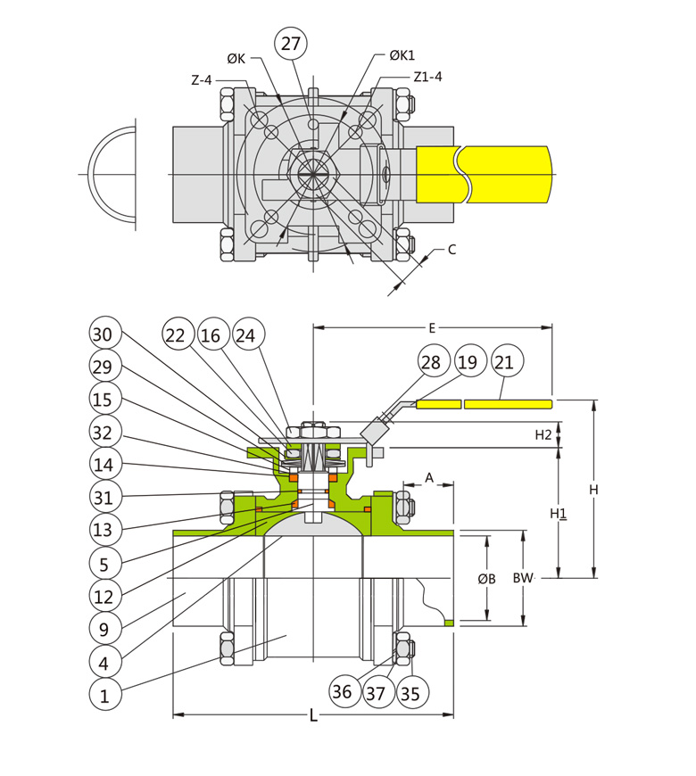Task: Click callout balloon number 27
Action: (x=290, y=44)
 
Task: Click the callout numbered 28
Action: (x=432, y=361)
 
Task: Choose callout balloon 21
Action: (x=504, y=361)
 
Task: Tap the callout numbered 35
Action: (x=411, y=691)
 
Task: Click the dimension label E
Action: (x=432, y=327)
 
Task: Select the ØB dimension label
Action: (x=486, y=578)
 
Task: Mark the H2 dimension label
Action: (x=543, y=434)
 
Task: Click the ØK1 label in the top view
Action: (x=402, y=55)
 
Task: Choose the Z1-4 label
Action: (x=427, y=77)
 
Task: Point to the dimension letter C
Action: (x=452, y=250)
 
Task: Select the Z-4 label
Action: (x=202, y=79)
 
